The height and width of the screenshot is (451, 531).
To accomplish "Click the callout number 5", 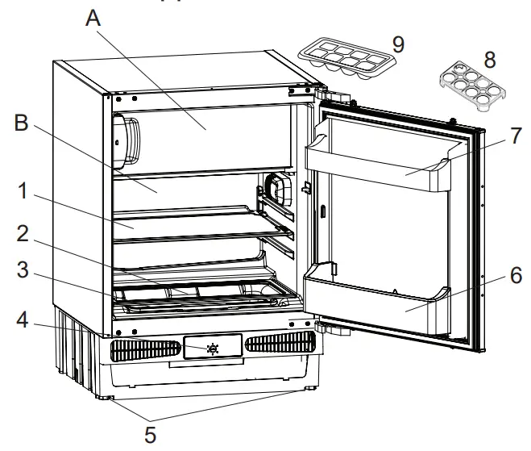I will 151,434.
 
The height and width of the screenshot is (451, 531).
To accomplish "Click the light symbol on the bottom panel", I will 212,349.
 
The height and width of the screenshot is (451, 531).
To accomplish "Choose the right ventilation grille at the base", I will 276,344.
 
